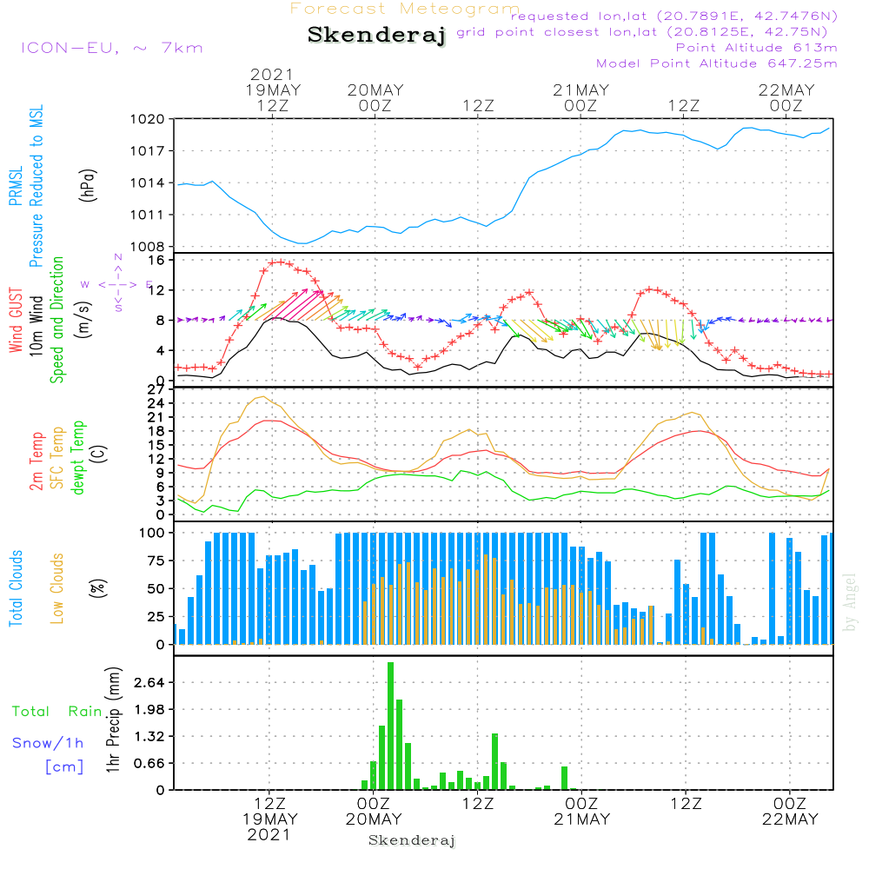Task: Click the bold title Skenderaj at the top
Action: pos(377,36)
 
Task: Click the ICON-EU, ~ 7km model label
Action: pos(111,48)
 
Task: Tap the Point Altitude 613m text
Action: pos(756,48)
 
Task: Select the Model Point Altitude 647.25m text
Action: pos(717,63)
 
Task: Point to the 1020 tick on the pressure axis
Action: pos(147,119)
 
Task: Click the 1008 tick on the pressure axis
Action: pos(147,246)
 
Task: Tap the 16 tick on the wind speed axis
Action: pos(157,260)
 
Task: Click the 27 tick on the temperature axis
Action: pos(157,389)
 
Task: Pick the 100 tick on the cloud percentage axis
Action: pos(152,533)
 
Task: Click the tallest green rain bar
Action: pos(390,726)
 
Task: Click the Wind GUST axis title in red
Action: pos(16,322)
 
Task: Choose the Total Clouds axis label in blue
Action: pos(16,588)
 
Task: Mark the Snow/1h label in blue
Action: pos(48,743)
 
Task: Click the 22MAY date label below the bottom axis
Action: pos(788,819)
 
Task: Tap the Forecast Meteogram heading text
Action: pos(405,10)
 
